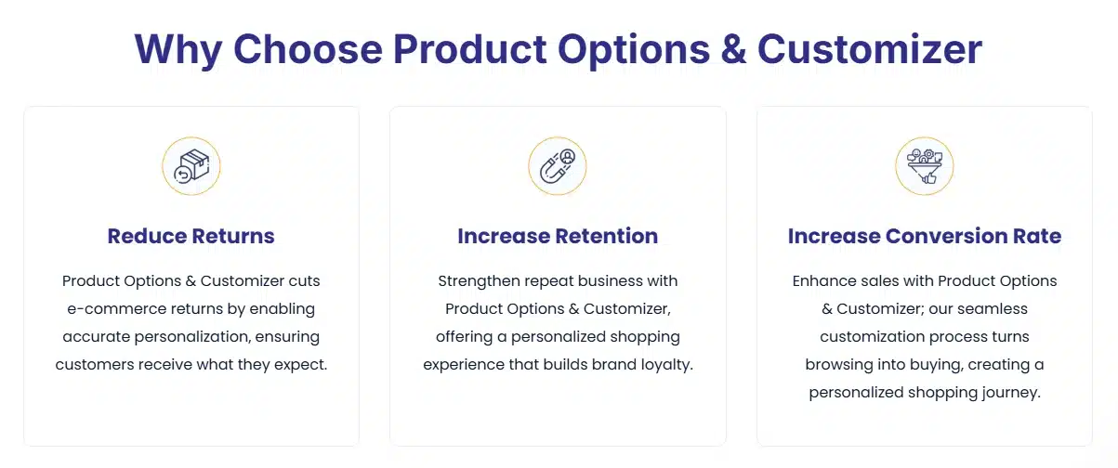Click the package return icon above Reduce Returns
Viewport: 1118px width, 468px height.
tap(191, 166)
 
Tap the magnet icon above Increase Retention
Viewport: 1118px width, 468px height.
tap(558, 166)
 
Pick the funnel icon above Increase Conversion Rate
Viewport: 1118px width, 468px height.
tap(924, 166)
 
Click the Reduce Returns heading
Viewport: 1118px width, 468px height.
tap(191, 236)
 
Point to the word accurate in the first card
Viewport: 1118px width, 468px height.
tap(98, 336)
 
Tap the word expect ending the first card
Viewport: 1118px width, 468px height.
tap(302, 364)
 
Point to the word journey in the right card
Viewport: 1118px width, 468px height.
tap(1008, 392)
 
